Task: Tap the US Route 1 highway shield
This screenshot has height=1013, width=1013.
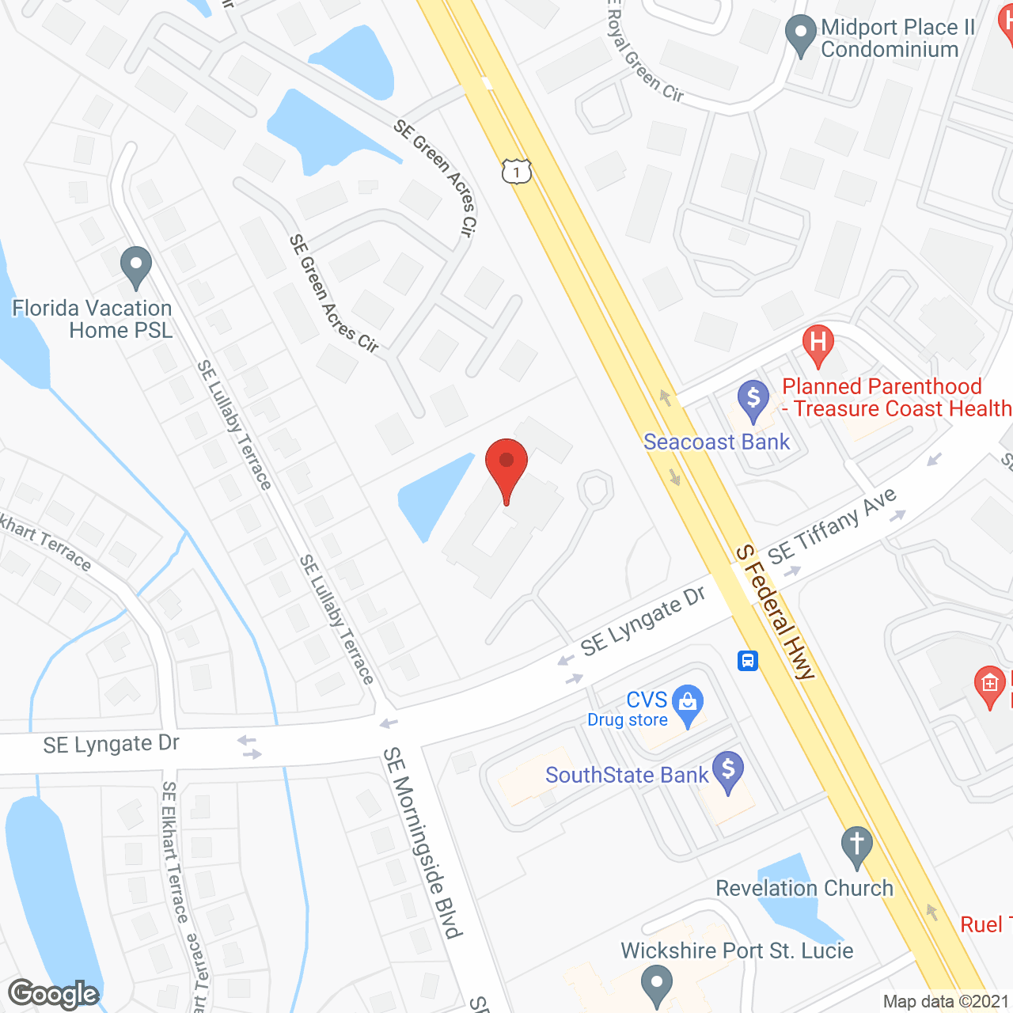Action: coord(516,171)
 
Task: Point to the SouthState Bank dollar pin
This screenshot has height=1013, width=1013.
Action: coord(728,770)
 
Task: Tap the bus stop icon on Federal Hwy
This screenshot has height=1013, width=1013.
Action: coord(748,660)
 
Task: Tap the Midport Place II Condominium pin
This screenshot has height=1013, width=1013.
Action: coord(800,35)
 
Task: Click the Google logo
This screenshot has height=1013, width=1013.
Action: coord(54,994)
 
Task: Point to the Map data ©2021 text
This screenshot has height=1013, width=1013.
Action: coord(946,1002)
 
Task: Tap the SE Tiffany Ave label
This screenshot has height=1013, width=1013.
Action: coord(832,525)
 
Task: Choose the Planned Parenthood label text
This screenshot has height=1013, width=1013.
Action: coord(882,386)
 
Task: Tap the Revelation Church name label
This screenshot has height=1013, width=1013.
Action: coord(804,888)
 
